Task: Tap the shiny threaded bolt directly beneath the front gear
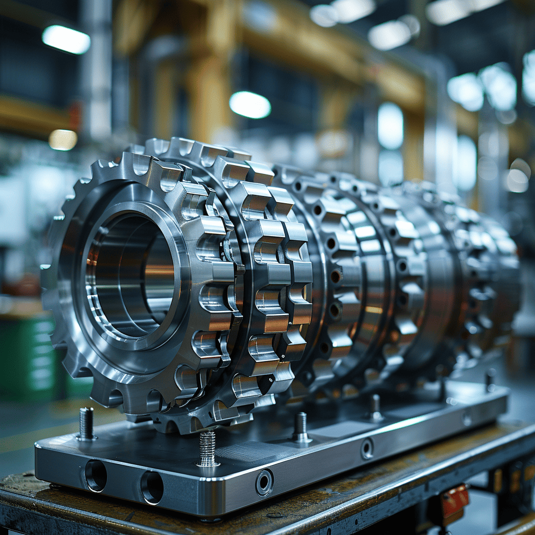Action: click(207, 448)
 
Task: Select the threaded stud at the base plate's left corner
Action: click(86, 423)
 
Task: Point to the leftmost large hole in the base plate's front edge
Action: click(96, 475)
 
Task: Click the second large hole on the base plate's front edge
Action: click(152, 487)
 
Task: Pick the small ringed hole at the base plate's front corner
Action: click(264, 482)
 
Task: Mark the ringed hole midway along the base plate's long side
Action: click(367, 448)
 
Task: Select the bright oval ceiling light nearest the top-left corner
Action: click(66, 39)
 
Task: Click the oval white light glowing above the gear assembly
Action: click(250, 104)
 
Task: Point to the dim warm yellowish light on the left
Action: click(63, 139)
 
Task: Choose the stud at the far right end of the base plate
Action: click(490, 380)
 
